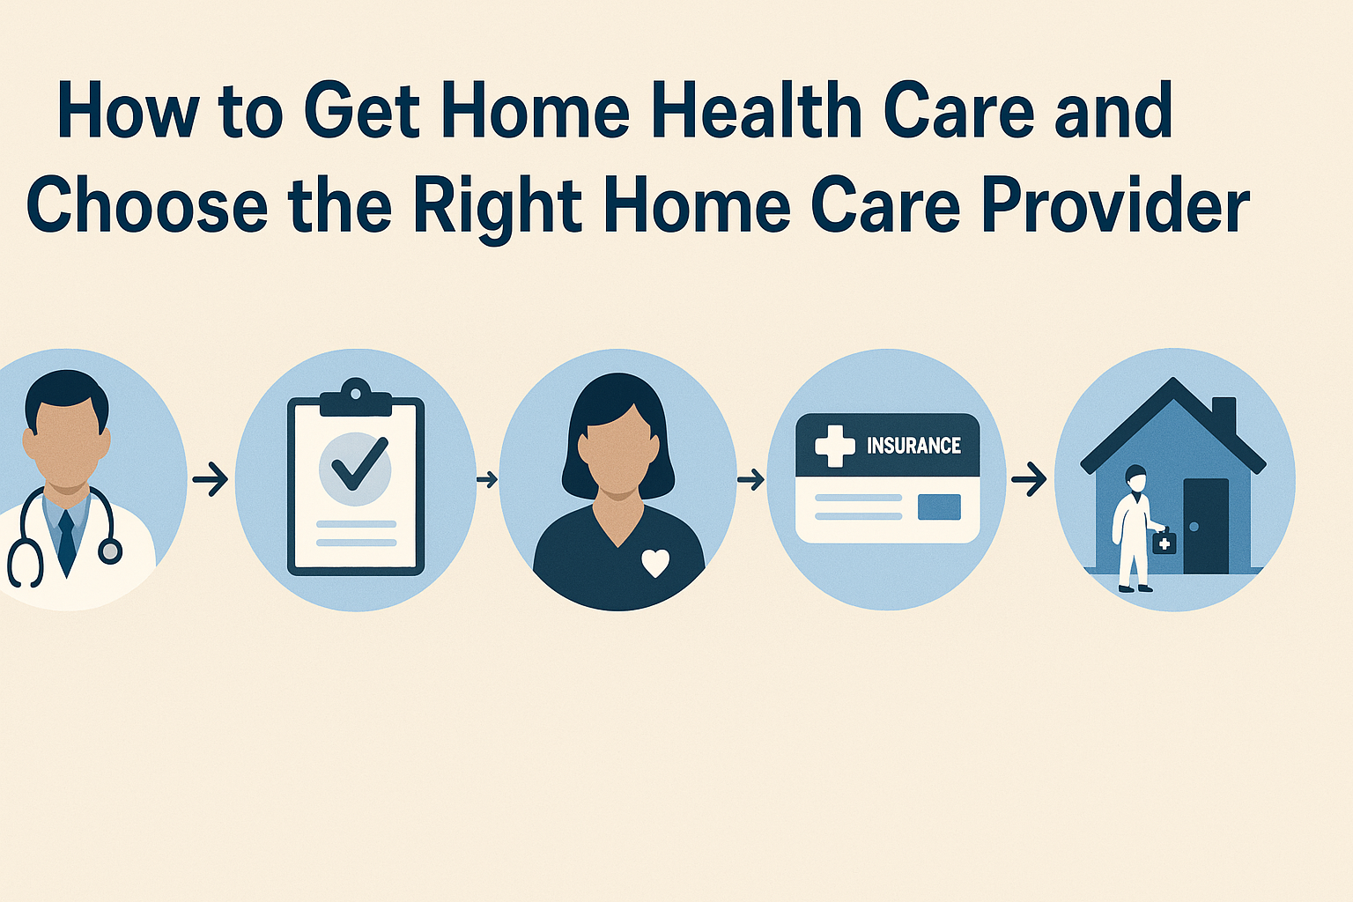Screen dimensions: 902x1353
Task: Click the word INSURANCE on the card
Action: (913, 446)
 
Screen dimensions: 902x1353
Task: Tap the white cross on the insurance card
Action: (834, 446)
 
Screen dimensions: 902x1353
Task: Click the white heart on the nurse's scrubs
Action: (654, 562)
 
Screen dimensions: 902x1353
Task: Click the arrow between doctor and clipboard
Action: (211, 480)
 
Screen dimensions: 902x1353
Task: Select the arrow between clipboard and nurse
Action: (486, 480)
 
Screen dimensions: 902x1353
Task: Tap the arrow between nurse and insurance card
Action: (750, 480)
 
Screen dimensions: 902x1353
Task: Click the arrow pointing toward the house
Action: (1028, 480)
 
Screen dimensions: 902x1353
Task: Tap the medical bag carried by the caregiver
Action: (1164, 542)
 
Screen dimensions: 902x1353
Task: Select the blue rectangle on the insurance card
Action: (939, 507)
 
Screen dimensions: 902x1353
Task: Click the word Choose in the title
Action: (147, 205)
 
